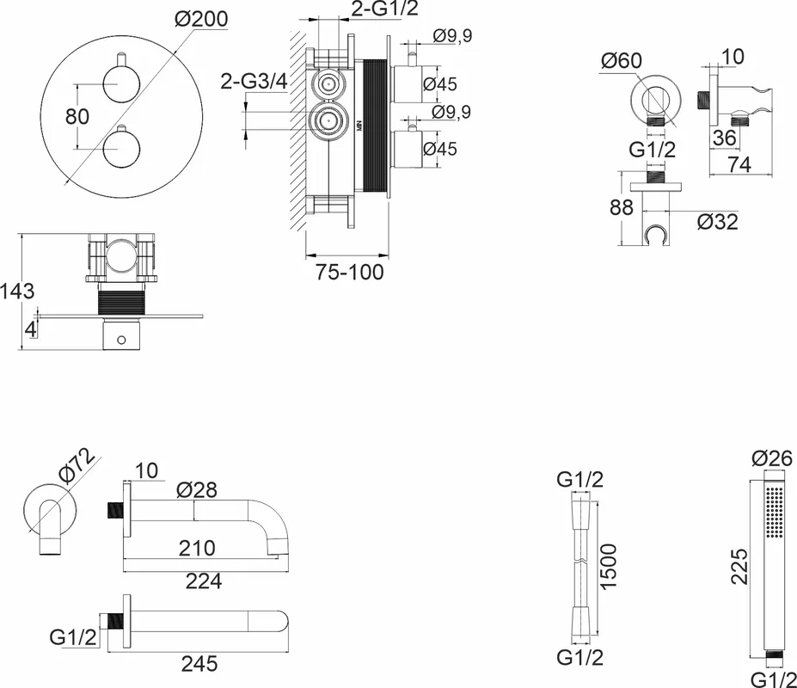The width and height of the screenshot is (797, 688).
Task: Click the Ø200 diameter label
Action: click(201, 19)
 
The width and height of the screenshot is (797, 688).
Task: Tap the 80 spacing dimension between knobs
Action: click(77, 116)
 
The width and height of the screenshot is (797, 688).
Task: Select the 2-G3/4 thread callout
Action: click(254, 82)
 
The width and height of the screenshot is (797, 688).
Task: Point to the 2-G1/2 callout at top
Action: click(385, 8)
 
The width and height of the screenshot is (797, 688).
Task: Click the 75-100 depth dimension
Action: click(350, 272)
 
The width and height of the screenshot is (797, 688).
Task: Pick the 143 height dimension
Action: click(17, 292)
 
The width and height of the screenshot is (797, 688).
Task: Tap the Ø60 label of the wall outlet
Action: click(621, 61)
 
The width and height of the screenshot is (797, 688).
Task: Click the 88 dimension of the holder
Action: click(622, 207)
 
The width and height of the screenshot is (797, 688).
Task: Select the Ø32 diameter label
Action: click(718, 222)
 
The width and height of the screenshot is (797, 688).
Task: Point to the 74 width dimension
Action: click(739, 165)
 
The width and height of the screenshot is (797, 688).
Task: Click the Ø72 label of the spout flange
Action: click(77, 464)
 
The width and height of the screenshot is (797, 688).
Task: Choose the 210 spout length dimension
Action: click(197, 548)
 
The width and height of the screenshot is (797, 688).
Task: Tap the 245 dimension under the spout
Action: click(199, 664)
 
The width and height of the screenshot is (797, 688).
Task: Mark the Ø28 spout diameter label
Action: click(197, 490)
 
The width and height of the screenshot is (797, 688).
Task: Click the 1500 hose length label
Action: click(608, 567)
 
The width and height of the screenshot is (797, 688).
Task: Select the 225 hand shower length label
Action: click(739, 567)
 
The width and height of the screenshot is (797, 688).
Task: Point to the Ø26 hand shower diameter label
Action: click(771, 458)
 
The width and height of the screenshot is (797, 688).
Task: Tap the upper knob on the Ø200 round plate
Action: click(120, 83)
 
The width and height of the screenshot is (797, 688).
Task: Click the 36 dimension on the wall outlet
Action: click(724, 138)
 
